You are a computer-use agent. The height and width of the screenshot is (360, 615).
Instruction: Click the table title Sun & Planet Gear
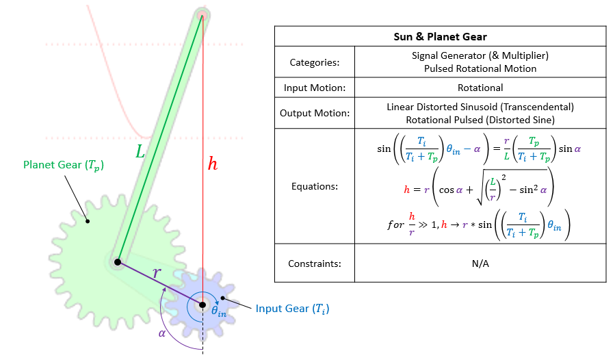[440, 36]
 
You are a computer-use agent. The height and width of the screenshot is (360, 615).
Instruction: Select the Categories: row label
[314, 62]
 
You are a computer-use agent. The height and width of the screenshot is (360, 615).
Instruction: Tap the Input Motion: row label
[314, 88]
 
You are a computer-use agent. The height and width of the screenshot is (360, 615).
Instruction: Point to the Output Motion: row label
[314, 113]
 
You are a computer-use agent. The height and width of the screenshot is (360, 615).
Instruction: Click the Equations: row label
[314, 185]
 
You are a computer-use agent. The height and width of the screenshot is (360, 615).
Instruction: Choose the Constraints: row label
[314, 263]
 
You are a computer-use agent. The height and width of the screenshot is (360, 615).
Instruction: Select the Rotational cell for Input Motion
[480, 88]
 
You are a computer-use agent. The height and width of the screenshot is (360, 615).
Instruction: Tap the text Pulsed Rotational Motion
[480, 68]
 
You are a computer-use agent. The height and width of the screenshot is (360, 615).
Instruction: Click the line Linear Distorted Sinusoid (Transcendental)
[480, 107]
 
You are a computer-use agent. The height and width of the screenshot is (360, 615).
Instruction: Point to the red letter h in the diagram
[213, 164]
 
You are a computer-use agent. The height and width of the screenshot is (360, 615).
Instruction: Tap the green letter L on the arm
[140, 153]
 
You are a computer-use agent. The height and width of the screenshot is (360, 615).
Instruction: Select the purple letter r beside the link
[157, 272]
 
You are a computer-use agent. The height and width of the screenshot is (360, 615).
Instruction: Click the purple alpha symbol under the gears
[161, 333]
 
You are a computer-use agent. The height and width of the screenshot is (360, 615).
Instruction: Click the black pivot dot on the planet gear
[118, 262]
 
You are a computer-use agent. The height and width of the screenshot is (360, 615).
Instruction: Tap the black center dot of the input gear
[202, 305]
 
